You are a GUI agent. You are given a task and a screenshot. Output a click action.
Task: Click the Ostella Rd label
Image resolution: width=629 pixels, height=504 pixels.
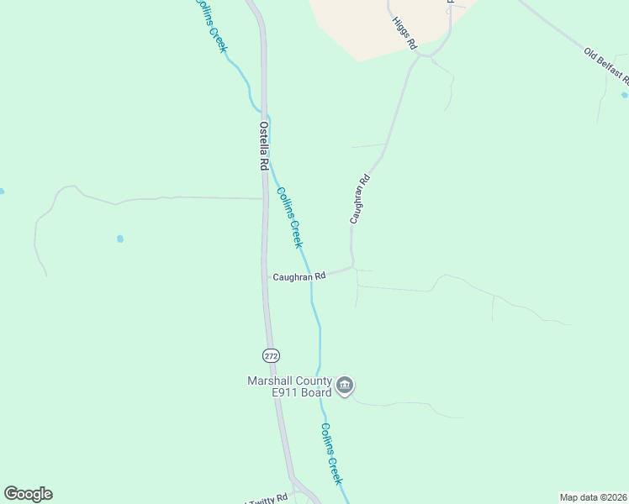pyautogui.click(x=263, y=147)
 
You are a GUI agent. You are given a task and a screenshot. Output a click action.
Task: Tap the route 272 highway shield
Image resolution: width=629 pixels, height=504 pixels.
pyautogui.click(x=270, y=355)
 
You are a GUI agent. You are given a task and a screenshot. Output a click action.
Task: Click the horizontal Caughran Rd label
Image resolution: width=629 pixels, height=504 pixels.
pyautogui.click(x=299, y=276)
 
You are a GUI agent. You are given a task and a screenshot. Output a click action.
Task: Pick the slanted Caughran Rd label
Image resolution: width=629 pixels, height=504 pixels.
pyautogui.click(x=359, y=198)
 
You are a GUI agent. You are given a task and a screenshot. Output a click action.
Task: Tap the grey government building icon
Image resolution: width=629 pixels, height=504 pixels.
pyautogui.click(x=345, y=386)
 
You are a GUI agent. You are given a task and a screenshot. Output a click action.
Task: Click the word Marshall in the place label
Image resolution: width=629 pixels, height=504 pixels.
pyautogui.click(x=270, y=381)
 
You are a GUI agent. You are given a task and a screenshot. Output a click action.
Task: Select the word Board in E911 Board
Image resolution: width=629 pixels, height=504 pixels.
pyautogui.click(x=312, y=392)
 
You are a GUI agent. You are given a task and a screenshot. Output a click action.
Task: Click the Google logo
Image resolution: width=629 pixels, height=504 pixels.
pyautogui.click(x=28, y=494)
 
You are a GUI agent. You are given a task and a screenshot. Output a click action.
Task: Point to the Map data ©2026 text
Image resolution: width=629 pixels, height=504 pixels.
pyautogui.click(x=593, y=497)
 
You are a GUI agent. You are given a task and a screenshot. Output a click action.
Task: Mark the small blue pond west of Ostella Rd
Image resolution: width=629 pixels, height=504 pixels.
pyautogui.click(x=120, y=239)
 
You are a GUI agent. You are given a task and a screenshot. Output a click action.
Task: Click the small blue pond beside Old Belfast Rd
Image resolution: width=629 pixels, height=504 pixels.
pyautogui.click(x=624, y=94)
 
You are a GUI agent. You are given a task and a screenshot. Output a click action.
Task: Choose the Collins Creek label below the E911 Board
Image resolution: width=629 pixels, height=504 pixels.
pyautogui.click(x=330, y=453)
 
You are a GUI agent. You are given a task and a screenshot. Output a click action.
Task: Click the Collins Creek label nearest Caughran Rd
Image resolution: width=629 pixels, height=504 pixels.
pyautogui.click(x=289, y=217)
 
